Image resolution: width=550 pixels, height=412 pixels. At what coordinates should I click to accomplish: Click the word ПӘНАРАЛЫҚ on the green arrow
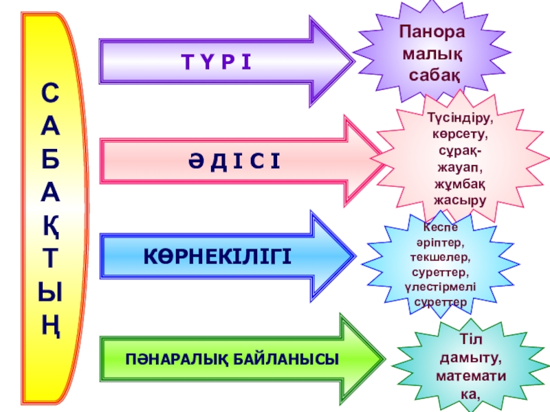pyautogui.click(x=164, y=358)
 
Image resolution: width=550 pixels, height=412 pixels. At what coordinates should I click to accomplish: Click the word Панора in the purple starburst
pyautogui.click(x=432, y=32)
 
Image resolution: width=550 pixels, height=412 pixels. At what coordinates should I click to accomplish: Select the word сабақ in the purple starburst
pyautogui.click(x=434, y=72)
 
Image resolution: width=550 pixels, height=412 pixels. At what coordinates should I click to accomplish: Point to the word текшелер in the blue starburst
pyautogui.click(x=441, y=257)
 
